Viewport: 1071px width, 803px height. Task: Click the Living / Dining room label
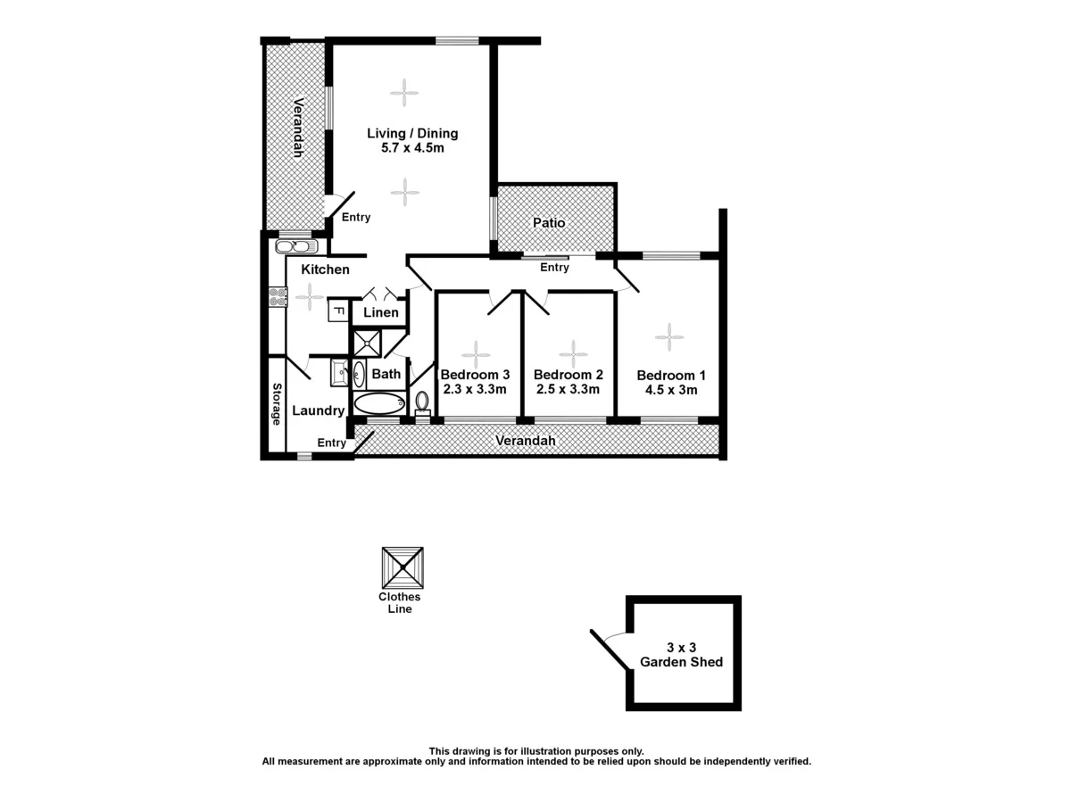[412, 134]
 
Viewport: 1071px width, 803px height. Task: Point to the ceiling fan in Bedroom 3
[475, 354]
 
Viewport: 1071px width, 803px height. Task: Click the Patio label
[549, 223]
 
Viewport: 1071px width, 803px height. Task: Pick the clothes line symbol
[402, 567]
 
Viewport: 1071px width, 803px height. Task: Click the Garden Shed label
[681, 662]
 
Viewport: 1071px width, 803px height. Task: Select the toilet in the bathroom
[423, 404]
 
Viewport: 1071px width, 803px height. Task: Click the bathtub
[379, 404]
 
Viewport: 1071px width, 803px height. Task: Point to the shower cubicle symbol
[366, 344]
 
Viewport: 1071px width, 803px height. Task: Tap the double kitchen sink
[295, 246]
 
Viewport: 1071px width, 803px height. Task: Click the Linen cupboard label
[380, 312]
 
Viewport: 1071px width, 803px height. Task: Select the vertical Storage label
[278, 404]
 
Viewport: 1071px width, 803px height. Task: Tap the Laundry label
[319, 410]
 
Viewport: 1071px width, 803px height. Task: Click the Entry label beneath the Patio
[554, 268]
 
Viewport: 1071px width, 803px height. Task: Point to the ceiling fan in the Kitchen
[310, 296]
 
